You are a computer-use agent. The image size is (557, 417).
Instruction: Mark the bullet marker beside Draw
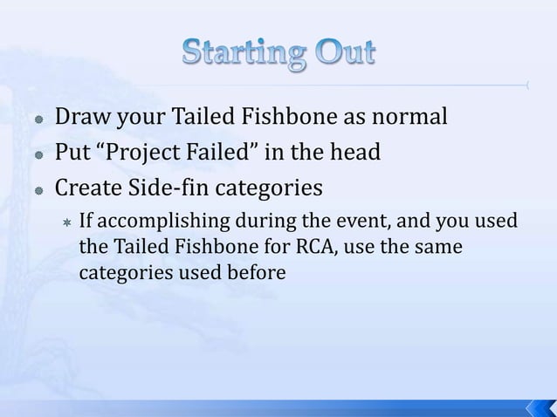pos(40,117)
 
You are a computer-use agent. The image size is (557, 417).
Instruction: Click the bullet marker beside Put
pos(40,154)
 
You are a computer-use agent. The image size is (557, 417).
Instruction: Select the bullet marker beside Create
pos(40,190)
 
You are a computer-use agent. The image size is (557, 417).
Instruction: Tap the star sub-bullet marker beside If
pos(65,222)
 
